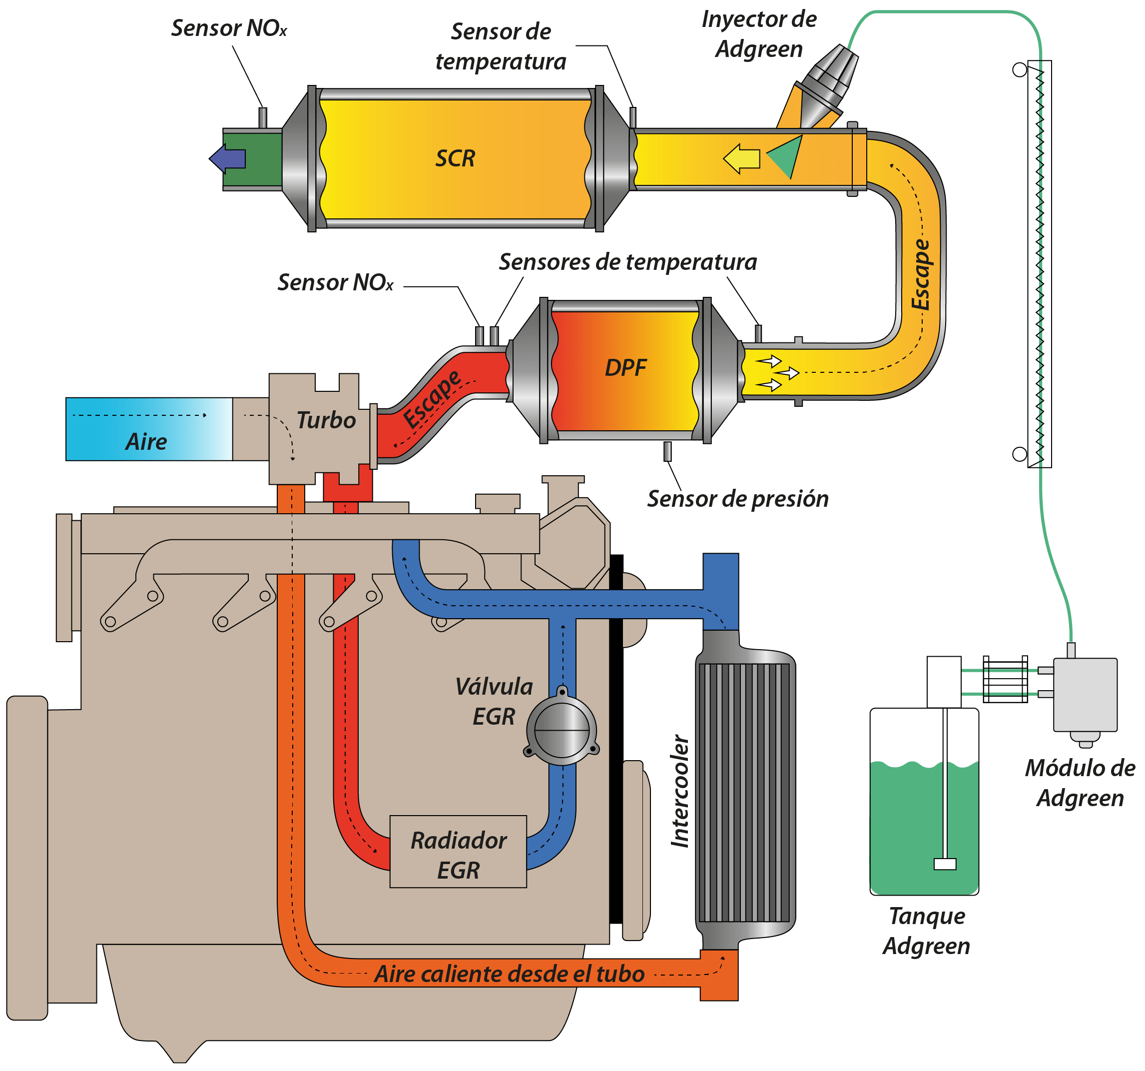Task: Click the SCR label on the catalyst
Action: point(455,158)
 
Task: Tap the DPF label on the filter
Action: point(625,367)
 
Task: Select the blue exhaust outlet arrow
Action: point(227,158)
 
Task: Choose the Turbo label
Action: point(326,420)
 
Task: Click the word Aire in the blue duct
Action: point(146,442)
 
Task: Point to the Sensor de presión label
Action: point(738,499)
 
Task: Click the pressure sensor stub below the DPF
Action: point(667,451)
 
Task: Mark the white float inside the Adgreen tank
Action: point(945,864)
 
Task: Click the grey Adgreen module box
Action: point(1085,695)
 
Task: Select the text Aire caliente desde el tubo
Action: point(509,974)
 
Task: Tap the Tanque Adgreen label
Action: point(926,931)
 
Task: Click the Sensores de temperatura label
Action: point(628,262)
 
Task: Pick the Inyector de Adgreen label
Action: point(759,34)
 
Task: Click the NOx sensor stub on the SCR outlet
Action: point(263,117)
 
